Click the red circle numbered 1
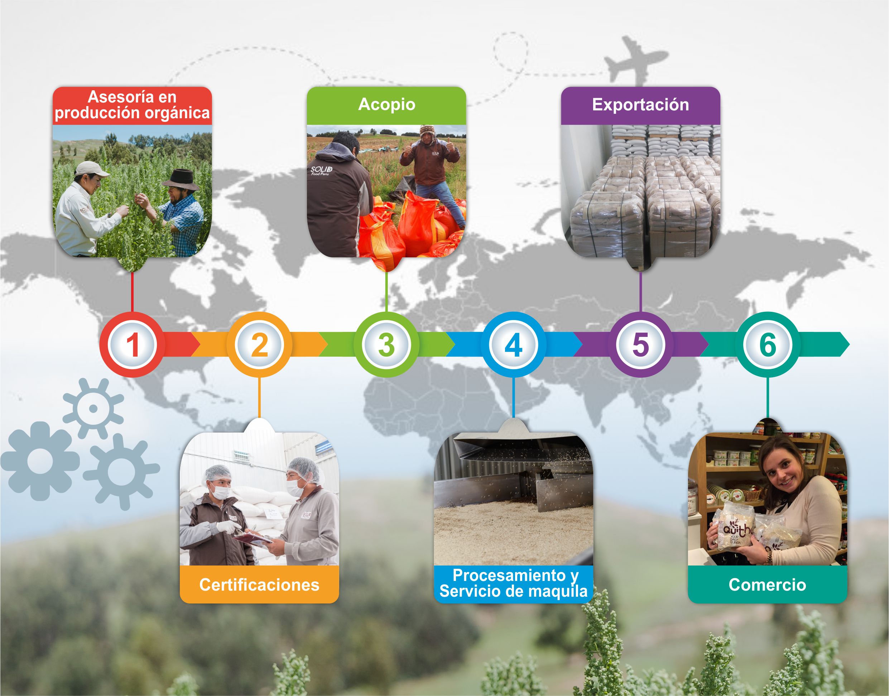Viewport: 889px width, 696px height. click(x=133, y=344)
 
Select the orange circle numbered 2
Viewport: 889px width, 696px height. click(x=259, y=344)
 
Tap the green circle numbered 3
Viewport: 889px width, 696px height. click(x=386, y=344)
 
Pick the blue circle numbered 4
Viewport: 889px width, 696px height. click(x=514, y=344)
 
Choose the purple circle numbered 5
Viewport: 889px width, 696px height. click(x=640, y=344)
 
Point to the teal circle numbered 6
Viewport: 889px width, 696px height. click(x=768, y=344)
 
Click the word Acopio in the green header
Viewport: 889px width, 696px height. click(x=387, y=105)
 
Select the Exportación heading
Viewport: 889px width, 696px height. click(x=640, y=105)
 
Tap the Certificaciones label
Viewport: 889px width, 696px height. click(x=259, y=585)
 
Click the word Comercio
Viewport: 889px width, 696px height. click(x=768, y=585)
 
